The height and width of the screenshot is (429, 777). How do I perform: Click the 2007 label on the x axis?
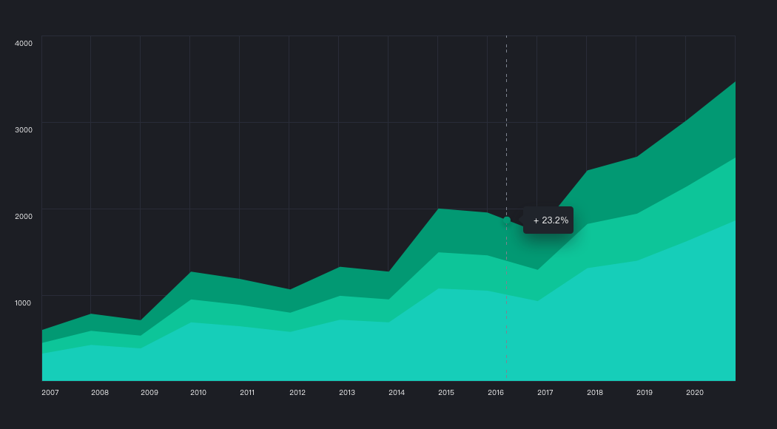[50, 393]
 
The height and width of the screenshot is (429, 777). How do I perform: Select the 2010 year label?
[198, 393]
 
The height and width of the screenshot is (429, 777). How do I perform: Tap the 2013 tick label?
[347, 393]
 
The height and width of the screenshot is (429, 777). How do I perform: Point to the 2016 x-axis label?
[496, 393]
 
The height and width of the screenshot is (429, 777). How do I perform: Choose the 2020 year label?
[694, 393]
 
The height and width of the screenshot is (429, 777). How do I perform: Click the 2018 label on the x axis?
[595, 393]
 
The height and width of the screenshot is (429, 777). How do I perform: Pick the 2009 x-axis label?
[149, 393]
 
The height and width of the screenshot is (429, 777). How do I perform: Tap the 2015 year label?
[446, 393]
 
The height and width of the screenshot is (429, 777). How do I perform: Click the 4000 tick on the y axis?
[24, 43]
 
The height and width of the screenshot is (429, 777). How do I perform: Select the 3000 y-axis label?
[24, 129]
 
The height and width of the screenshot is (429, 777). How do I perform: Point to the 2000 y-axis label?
[24, 216]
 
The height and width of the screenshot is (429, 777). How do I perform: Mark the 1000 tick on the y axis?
[24, 303]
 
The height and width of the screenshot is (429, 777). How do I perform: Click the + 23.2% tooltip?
[549, 220]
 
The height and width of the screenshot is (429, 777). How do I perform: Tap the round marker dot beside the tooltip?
[507, 220]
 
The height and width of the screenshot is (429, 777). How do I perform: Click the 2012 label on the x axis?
[297, 393]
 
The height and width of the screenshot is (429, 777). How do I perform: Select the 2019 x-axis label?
[645, 393]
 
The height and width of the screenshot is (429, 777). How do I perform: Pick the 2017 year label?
[545, 393]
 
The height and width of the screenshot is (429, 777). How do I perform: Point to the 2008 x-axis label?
[100, 393]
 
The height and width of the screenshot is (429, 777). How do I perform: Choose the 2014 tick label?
[397, 393]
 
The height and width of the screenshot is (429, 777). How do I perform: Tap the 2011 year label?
[248, 393]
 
